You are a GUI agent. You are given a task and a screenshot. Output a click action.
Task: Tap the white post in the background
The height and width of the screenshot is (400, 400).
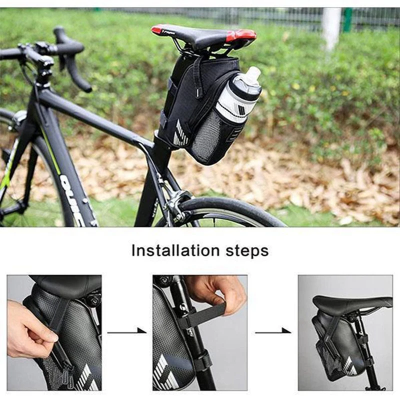tap(331, 27)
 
